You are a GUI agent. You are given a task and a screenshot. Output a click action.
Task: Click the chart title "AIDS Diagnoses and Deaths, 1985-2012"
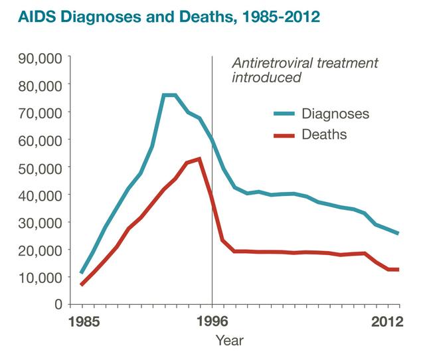point(161,16)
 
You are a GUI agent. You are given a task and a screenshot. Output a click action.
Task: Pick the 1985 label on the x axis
point(82,322)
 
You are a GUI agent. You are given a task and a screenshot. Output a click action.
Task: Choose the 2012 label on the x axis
point(387,322)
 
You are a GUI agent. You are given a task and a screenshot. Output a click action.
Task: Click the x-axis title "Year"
point(229,341)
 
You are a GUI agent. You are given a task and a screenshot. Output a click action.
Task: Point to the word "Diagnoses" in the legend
point(335,114)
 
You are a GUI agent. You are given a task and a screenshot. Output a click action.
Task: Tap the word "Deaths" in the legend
point(324,135)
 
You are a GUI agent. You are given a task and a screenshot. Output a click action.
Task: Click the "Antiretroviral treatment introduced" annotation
point(304,70)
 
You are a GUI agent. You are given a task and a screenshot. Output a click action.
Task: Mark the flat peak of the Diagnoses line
point(169,95)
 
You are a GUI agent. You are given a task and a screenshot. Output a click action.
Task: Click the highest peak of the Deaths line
point(199,159)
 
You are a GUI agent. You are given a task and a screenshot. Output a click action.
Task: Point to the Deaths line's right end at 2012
point(398,269)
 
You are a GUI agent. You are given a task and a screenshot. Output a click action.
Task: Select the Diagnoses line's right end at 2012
point(398,233)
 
